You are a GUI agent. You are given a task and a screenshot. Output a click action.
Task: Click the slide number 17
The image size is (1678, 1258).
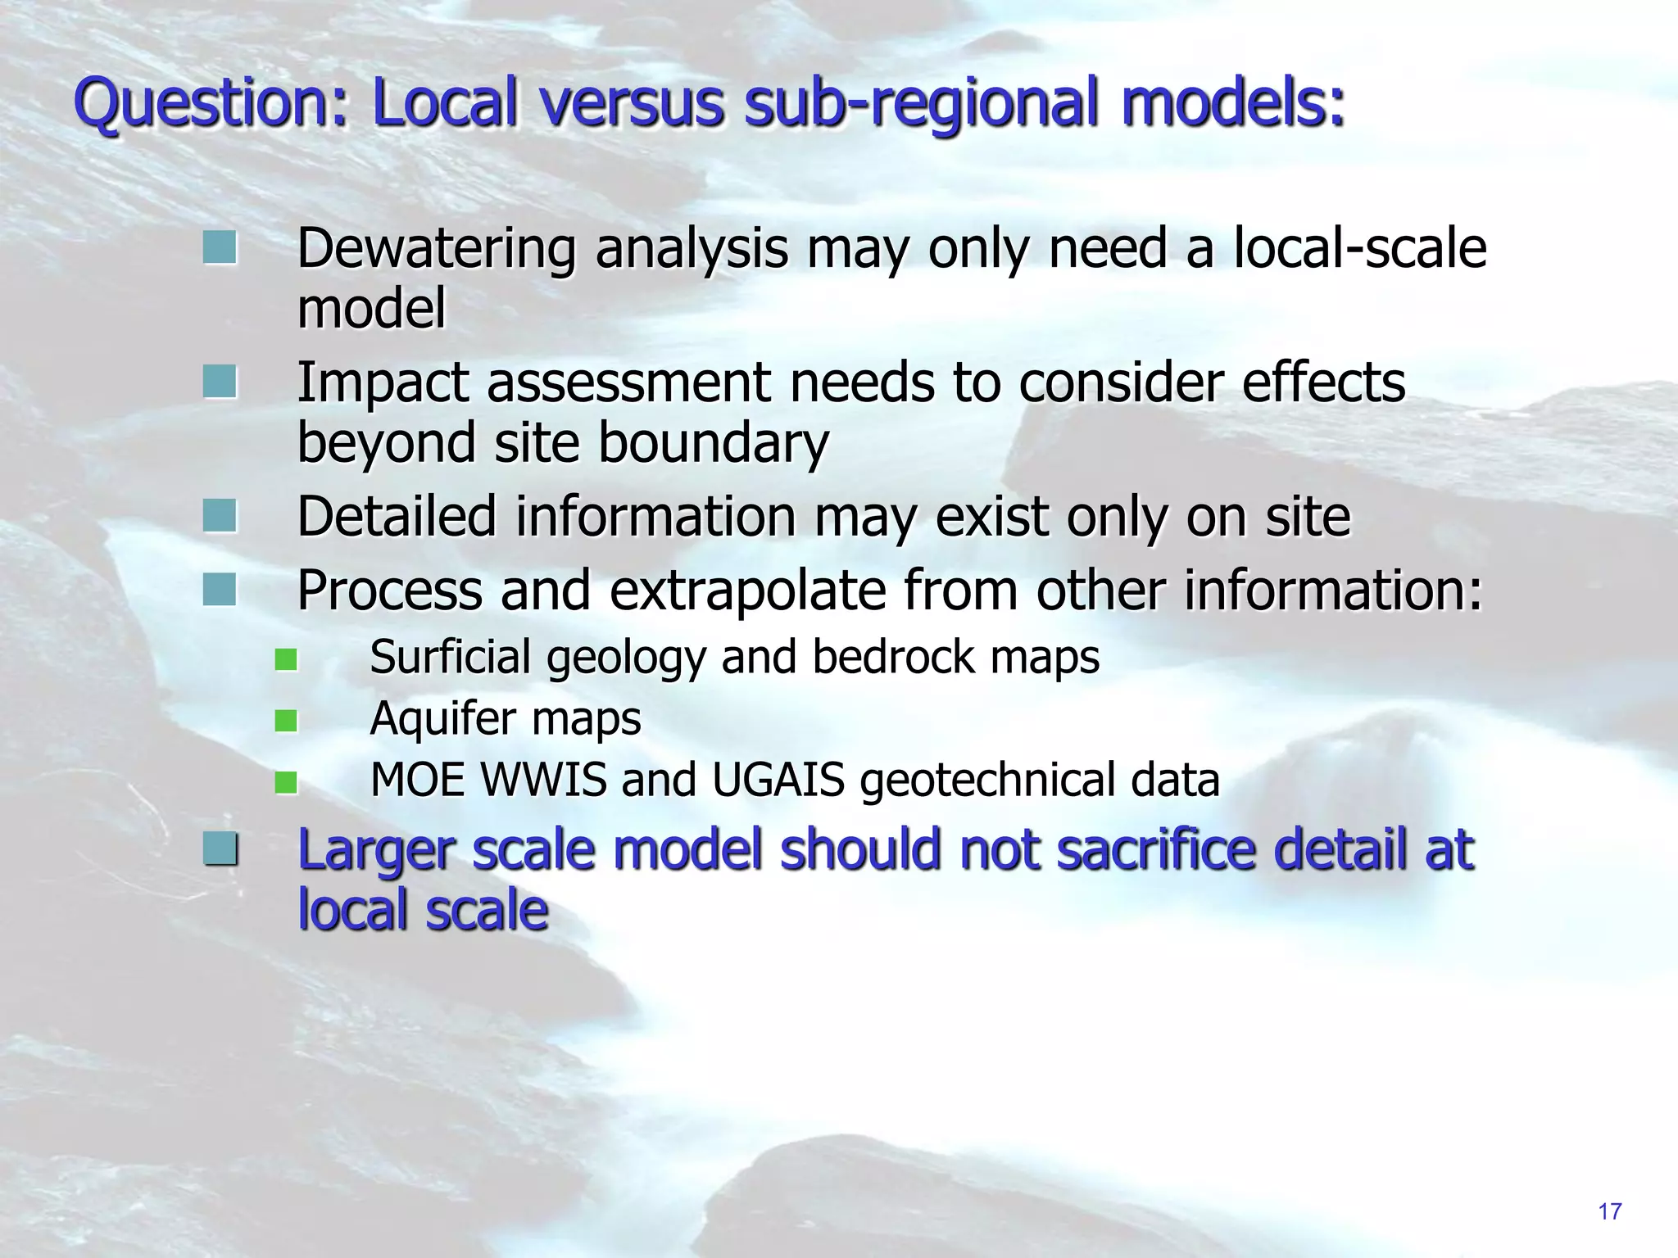[1609, 1211]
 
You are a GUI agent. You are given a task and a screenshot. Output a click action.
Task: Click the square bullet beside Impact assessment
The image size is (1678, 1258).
[220, 382]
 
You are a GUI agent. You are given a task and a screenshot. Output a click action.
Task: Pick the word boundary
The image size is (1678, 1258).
[713, 442]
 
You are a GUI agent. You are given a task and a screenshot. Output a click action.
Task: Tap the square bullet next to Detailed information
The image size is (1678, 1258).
[220, 516]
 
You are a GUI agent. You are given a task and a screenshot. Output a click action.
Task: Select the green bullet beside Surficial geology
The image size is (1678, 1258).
[286, 659]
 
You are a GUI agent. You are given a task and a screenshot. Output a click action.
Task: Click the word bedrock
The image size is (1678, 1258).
[893, 657]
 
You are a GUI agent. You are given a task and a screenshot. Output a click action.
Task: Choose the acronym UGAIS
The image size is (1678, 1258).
[778, 780]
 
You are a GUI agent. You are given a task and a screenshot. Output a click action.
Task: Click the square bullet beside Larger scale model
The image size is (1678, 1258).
[220, 848]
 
